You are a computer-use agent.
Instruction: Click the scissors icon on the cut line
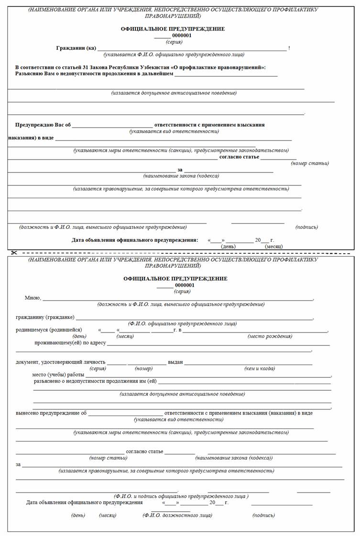14,253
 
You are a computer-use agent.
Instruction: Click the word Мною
33,298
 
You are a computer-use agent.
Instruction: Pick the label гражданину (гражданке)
45,317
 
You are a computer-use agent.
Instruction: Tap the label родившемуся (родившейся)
49,330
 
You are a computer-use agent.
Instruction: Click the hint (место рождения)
270,336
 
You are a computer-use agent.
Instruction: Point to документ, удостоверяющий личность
60,362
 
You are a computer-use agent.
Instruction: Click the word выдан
175,362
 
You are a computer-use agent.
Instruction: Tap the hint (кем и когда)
260,368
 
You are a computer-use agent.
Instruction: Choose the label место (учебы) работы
58,375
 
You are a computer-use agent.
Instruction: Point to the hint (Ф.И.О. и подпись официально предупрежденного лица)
181,496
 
